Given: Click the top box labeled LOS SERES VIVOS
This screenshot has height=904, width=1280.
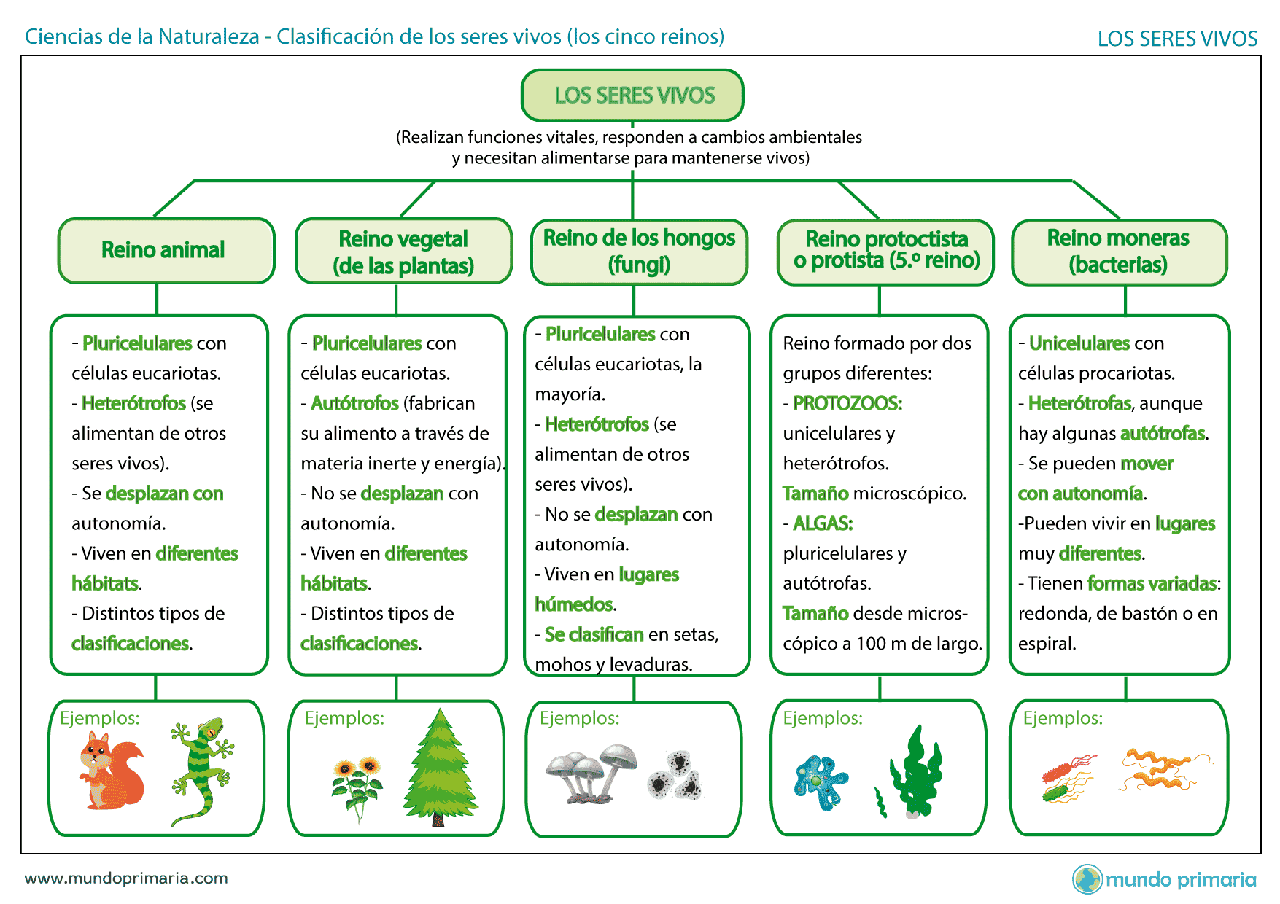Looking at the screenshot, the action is click(x=632, y=95).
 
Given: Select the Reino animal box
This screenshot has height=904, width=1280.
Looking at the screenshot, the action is click(x=166, y=250).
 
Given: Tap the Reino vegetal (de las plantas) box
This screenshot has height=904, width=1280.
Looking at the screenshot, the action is click(x=403, y=251).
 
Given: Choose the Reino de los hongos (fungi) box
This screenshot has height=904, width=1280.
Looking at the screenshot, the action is click(x=639, y=252).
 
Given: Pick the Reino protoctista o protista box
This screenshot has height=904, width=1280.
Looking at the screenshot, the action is click(x=885, y=252).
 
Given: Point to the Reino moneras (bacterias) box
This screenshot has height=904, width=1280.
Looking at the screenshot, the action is click(x=1120, y=252).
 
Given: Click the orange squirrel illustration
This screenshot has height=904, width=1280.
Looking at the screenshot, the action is click(x=111, y=771).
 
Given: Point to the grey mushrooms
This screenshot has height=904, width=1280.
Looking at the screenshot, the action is click(x=591, y=774).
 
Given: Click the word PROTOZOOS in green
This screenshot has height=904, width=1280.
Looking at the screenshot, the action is click(x=847, y=403).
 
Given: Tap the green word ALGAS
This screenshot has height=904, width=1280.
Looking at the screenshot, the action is click(x=823, y=523).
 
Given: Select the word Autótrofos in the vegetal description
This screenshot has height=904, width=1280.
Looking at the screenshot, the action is click(x=354, y=403).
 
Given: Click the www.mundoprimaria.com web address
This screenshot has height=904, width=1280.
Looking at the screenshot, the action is click(x=126, y=878).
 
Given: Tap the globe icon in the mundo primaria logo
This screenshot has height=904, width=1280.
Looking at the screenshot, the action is click(x=1087, y=879).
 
